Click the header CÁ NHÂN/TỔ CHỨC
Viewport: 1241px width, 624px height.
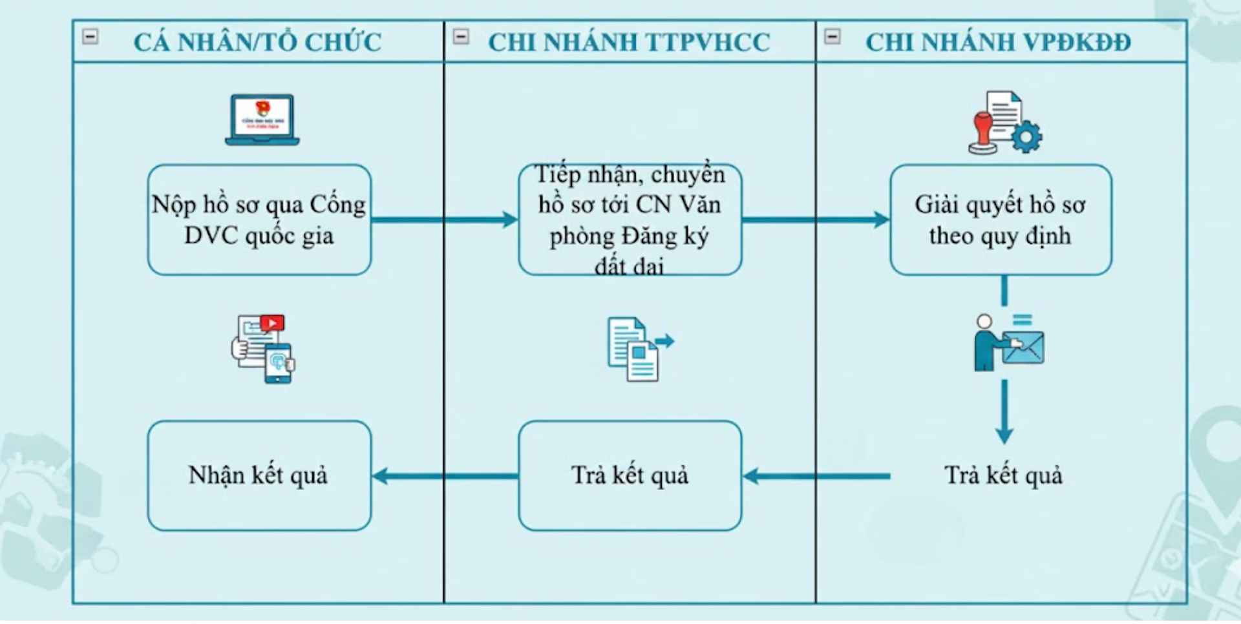tap(257, 43)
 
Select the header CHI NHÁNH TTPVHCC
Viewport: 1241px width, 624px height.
tap(629, 43)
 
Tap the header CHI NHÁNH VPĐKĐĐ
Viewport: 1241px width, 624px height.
tap(998, 43)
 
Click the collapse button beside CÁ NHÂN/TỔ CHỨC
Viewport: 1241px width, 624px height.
tap(90, 36)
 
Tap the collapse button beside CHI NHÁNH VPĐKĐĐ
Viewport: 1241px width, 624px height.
tap(833, 36)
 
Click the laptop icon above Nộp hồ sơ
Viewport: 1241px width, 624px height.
tap(262, 120)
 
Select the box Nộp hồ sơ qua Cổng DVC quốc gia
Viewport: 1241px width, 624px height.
tap(259, 220)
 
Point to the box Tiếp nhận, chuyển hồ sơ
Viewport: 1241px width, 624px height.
tap(630, 220)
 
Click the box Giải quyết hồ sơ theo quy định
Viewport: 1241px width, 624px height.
tap(1001, 220)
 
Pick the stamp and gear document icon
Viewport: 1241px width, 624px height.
tap(1004, 123)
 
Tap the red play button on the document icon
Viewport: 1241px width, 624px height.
tap(272, 323)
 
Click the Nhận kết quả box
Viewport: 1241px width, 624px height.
tap(259, 475)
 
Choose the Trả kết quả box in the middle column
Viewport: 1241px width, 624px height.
tap(630, 475)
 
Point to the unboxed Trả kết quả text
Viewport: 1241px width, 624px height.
tap(1003, 475)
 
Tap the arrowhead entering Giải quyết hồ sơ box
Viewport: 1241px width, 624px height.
tap(881, 220)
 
